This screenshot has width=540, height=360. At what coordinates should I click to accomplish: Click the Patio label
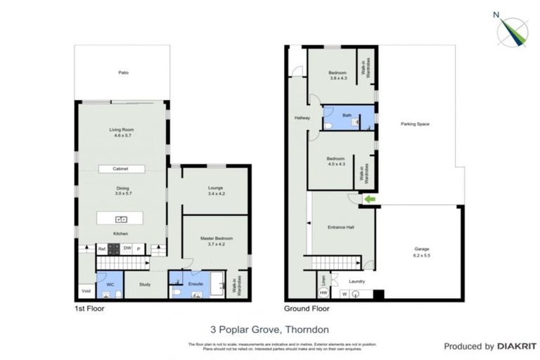(123, 72)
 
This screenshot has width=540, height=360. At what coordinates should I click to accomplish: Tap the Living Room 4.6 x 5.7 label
(121, 132)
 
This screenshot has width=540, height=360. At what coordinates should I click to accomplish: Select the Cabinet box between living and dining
(122, 169)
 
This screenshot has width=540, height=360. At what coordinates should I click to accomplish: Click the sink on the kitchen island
(121, 218)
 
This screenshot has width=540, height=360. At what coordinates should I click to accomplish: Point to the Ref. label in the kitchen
(101, 248)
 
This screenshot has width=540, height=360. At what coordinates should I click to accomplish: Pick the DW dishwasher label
(127, 248)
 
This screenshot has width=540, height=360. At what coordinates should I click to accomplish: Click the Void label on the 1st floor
(86, 290)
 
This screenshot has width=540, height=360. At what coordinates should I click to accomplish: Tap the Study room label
(146, 285)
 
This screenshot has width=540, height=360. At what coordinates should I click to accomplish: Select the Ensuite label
(196, 283)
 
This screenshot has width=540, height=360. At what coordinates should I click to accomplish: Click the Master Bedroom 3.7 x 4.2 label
(214, 241)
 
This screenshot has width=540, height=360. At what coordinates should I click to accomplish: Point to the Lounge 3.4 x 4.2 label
(215, 191)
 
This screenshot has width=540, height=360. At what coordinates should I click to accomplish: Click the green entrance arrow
(368, 200)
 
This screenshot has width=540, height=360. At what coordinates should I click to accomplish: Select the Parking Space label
(415, 124)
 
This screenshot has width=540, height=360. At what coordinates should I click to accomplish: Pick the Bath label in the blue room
(347, 115)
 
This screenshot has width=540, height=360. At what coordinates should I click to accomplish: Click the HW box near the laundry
(323, 292)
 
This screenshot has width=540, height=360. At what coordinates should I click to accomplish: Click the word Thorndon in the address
(309, 328)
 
